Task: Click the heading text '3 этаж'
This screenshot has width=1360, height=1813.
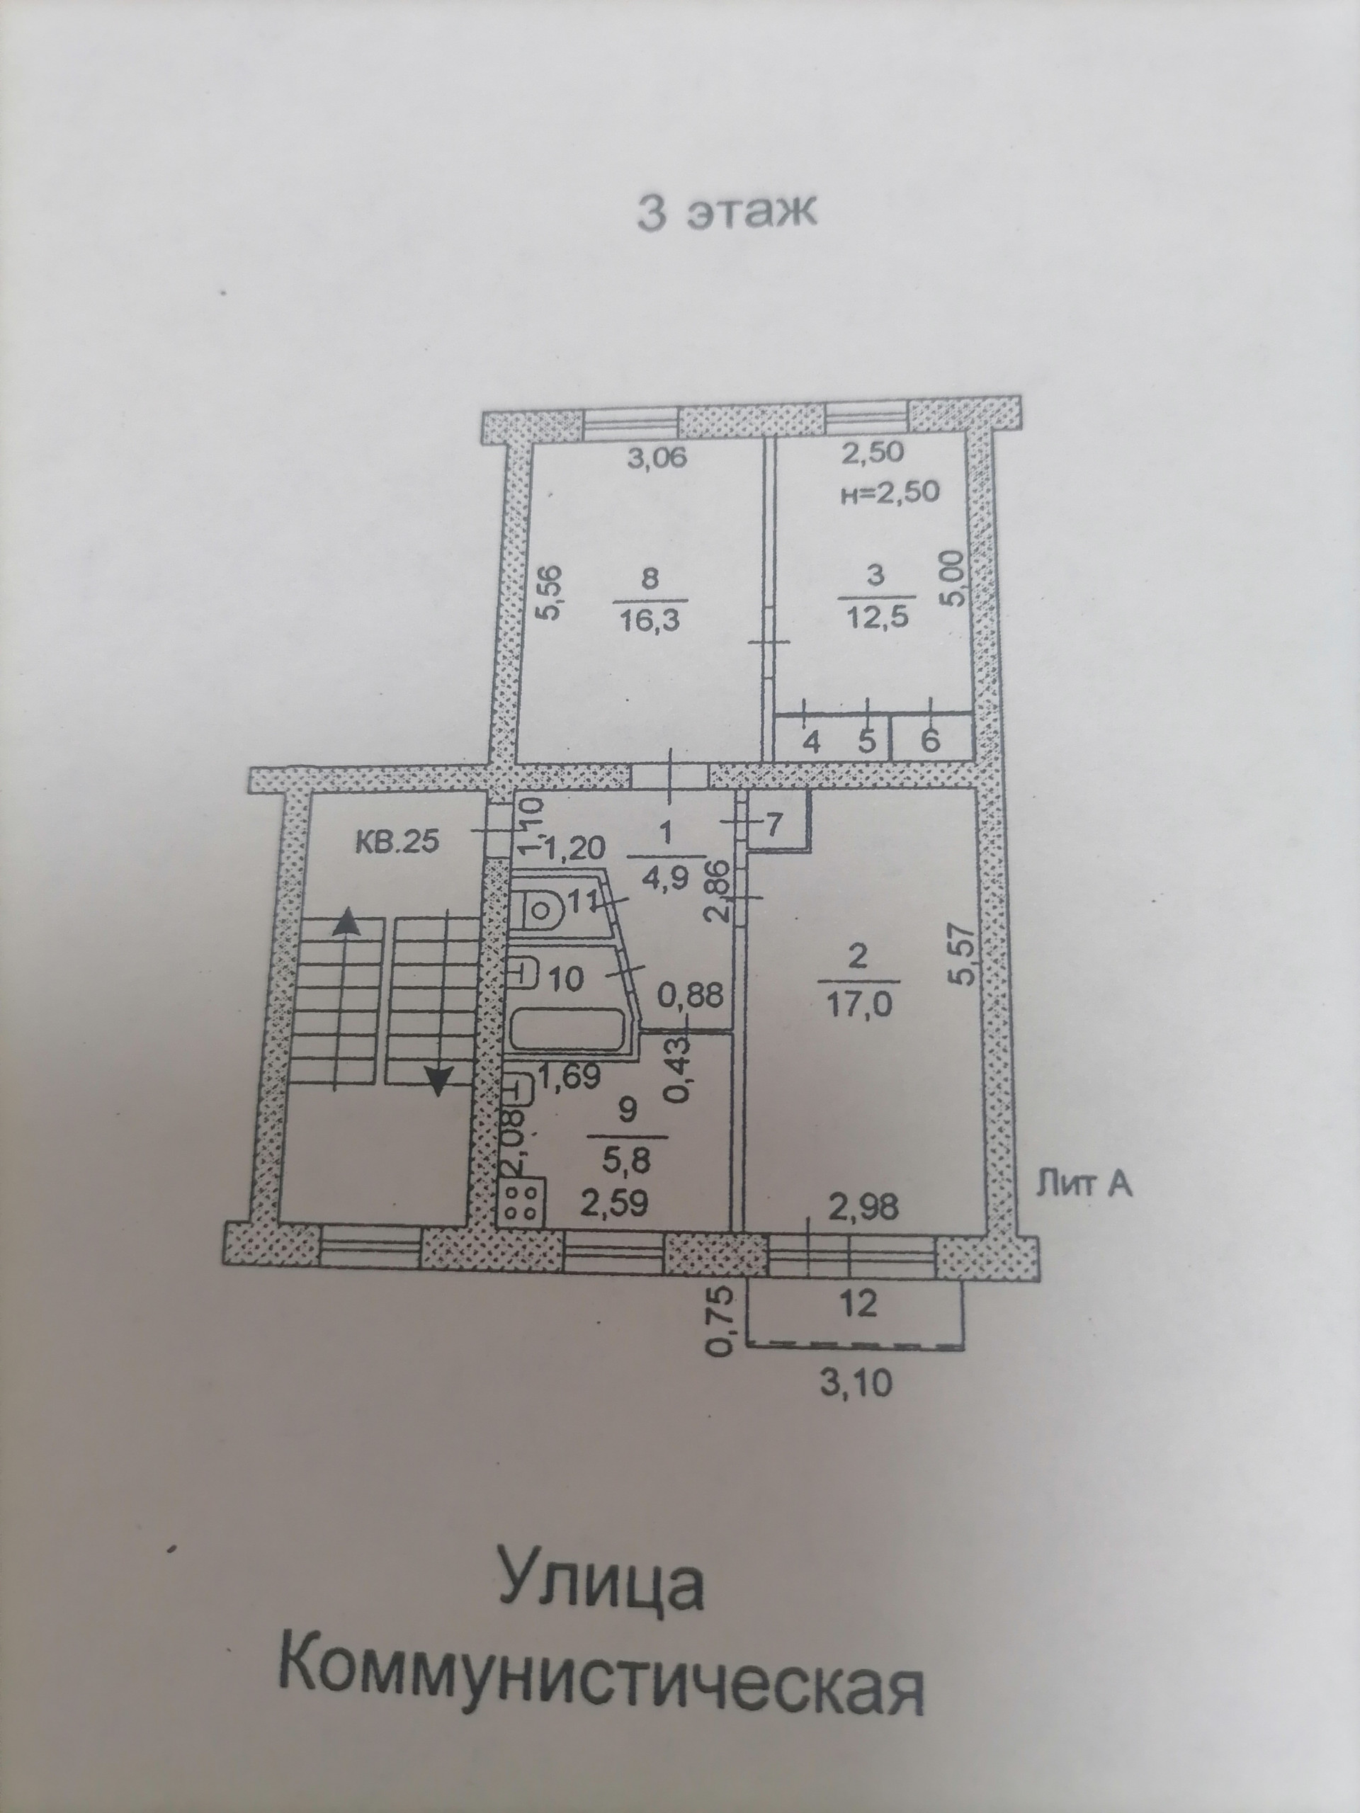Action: tap(727, 212)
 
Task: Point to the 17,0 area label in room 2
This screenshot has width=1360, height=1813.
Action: tap(858, 1004)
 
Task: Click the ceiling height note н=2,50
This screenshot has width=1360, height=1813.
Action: tap(890, 494)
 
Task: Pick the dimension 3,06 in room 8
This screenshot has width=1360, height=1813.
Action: tap(657, 458)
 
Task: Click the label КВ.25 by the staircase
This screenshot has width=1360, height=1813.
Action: tap(397, 842)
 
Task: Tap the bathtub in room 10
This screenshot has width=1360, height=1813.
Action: tap(568, 1030)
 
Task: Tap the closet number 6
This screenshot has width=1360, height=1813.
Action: tap(931, 741)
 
